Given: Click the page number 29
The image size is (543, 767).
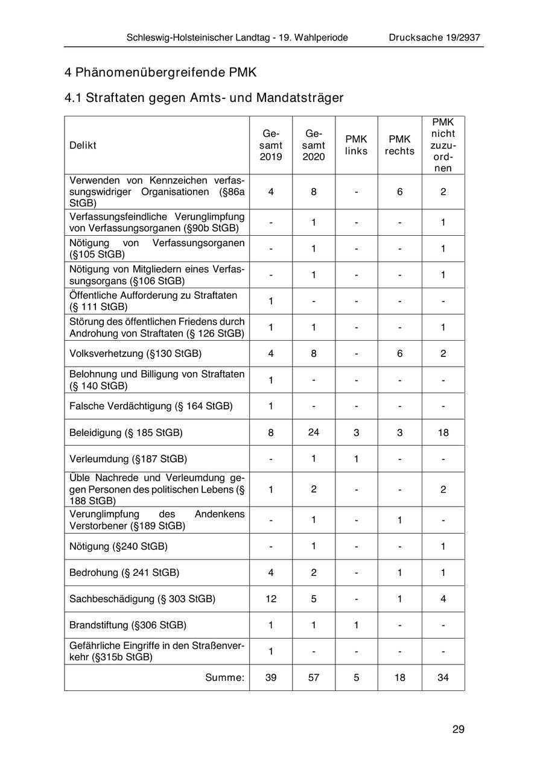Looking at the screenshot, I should pos(458,730).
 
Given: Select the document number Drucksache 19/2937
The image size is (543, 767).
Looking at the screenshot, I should pos(434,37).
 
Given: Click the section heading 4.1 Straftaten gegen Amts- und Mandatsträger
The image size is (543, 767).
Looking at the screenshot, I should pos(204,98).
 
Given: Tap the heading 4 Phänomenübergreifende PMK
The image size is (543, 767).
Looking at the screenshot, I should pos(160,72).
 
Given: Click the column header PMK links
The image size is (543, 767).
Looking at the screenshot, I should pos(356,145).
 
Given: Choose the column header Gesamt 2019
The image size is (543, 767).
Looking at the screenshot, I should pos(271,145).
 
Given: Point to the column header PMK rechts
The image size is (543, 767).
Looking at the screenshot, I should pos(399,145).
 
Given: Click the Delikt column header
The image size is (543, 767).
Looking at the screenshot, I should pos(83,145).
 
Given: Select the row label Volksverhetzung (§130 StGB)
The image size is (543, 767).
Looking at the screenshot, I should pos(135,353).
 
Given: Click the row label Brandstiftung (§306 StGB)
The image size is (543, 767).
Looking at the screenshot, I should pos(128,625).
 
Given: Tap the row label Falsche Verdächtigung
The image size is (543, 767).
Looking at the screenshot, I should pos(151,406).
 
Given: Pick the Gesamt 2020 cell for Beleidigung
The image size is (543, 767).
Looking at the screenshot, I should pos(314,432).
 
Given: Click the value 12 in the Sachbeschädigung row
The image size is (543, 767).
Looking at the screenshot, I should pos(271,599).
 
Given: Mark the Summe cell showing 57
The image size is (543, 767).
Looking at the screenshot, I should pos(314,678).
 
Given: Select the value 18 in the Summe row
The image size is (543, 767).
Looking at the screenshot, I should pos(399,678).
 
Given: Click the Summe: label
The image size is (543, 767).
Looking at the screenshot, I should pos(224,678).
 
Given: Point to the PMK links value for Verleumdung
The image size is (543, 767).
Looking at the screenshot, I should pos(356,459).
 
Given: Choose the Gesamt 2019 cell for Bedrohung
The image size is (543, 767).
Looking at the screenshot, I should pos(271,572).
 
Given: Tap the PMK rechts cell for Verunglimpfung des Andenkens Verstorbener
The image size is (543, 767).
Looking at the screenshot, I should pos(399,520).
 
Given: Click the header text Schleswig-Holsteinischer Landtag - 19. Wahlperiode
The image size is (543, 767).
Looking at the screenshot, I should pos(237,37).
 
